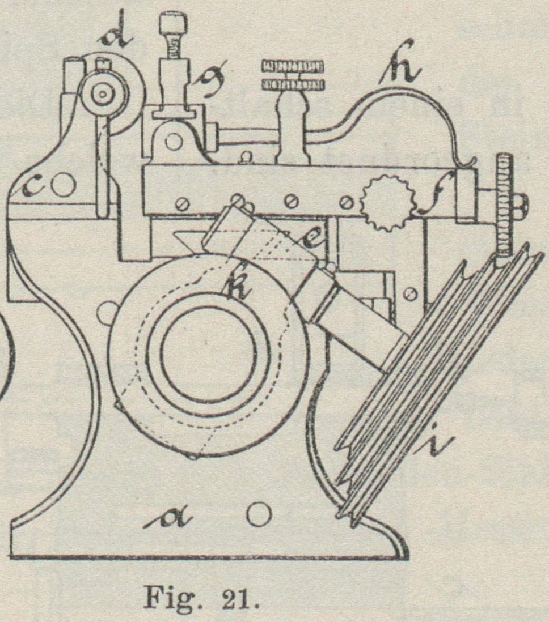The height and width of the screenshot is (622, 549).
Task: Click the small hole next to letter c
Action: [x=64, y=185]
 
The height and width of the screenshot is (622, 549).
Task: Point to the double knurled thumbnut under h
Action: [x=293, y=75]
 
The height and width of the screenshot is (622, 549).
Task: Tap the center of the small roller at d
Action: [x=103, y=96]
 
